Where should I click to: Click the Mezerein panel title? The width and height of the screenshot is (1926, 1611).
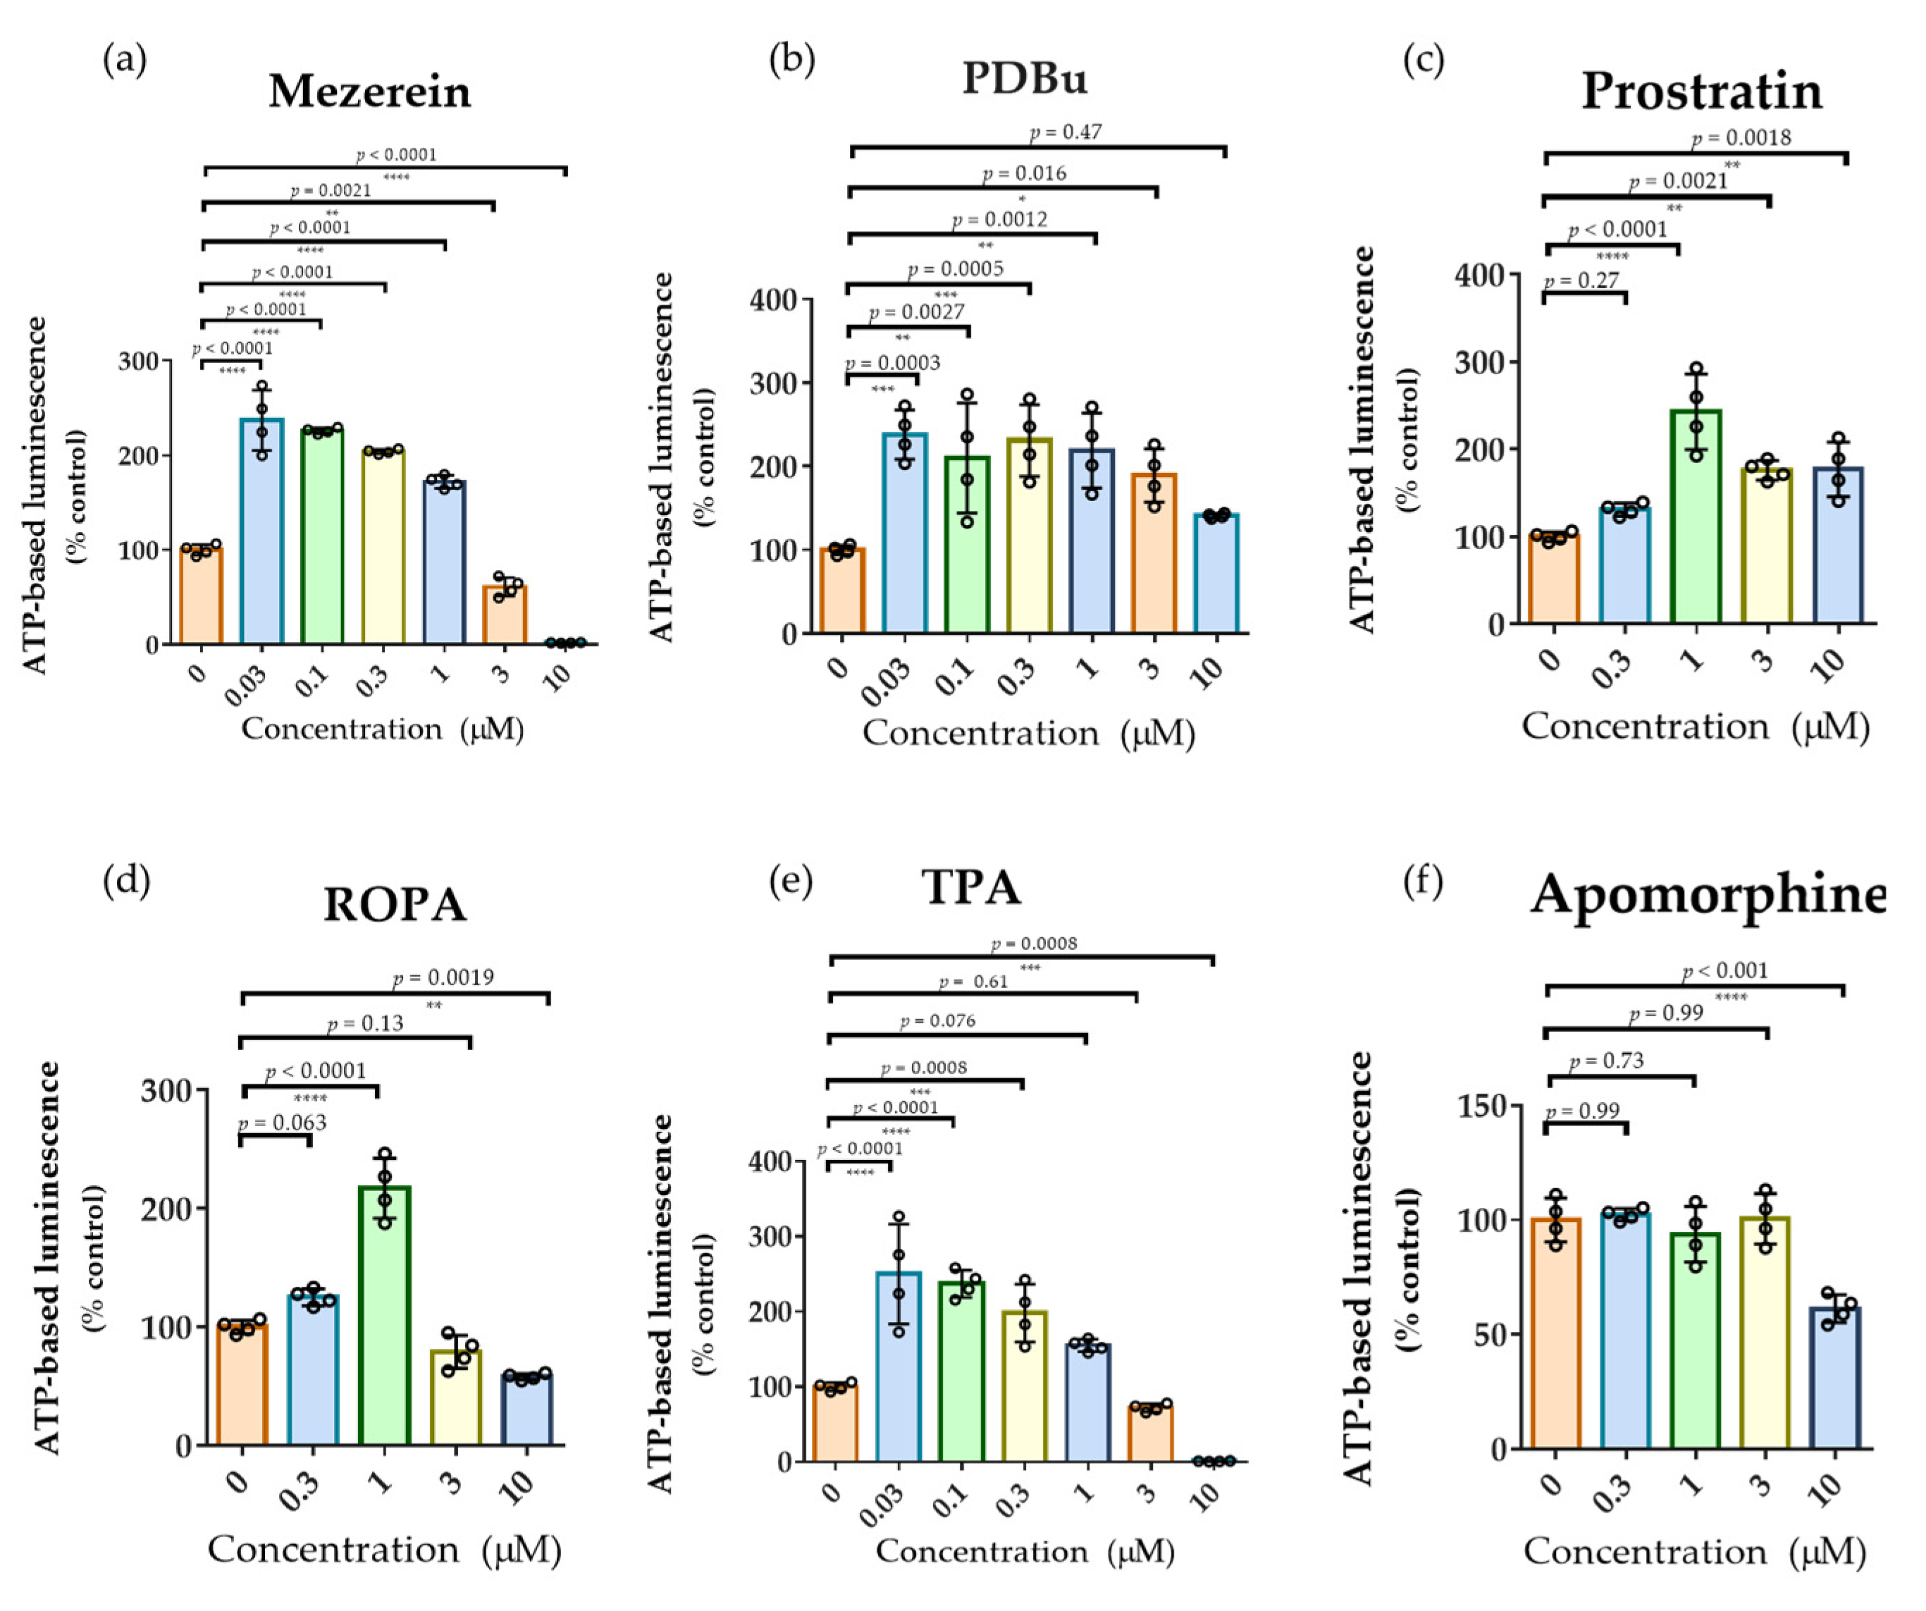[x=369, y=92]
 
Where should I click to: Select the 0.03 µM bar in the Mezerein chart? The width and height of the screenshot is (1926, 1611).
[x=262, y=532]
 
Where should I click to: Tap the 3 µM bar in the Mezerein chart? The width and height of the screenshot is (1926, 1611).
[x=505, y=615]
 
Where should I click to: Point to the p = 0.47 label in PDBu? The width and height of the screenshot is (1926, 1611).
[x=1066, y=132]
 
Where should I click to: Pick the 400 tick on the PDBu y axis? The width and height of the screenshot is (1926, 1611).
[x=773, y=299]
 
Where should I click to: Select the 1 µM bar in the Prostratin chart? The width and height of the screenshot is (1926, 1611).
[x=1696, y=517]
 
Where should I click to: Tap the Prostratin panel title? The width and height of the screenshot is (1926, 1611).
[x=1701, y=92]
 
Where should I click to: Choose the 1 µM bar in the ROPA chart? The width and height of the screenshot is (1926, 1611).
[x=384, y=1316]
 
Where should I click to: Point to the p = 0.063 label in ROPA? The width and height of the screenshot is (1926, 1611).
[x=283, y=1123]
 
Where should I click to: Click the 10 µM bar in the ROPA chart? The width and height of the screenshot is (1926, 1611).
[x=526, y=1409]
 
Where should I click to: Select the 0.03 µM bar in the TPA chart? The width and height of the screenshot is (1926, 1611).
[x=899, y=1366]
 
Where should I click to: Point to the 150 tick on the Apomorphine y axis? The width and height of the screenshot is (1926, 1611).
[x=1482, y=1106]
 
